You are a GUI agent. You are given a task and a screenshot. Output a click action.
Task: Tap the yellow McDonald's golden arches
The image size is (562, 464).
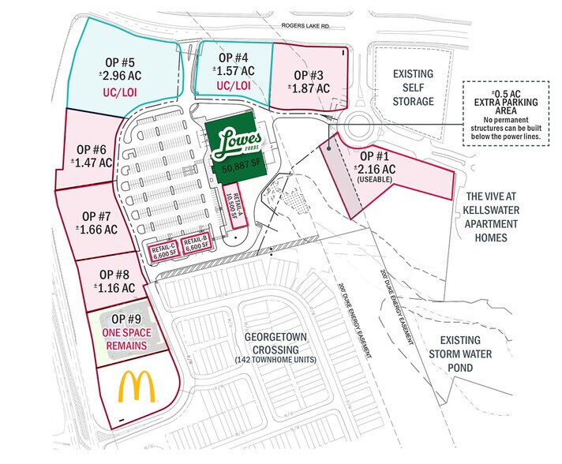[x=136, y=387]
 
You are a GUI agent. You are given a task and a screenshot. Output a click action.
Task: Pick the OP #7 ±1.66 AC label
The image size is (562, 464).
[x=99, y=221]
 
